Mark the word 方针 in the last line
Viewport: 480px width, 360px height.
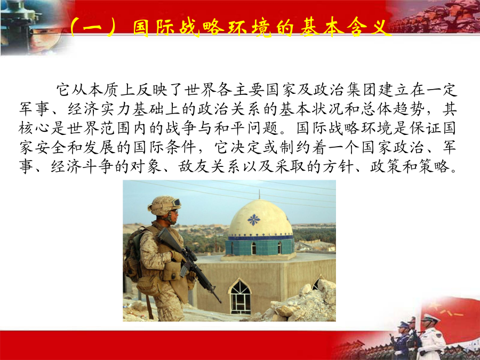click(x=338, y=166)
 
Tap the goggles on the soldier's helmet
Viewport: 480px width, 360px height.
click(x=175, y=202)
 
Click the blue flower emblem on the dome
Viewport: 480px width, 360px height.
click(x=254, y=220)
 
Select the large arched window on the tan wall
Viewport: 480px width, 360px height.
click(x=241, y=297)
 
